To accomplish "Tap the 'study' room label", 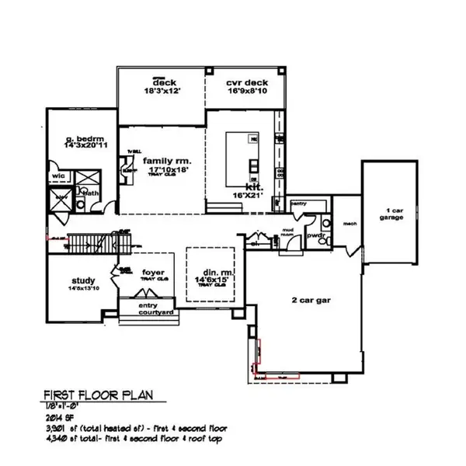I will click(x=82, y=280).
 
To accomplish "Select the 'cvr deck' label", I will click(x=242, y=82).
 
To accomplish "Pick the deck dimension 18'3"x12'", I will click(x=162, y=92).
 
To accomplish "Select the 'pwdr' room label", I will click(x=315, y=233).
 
